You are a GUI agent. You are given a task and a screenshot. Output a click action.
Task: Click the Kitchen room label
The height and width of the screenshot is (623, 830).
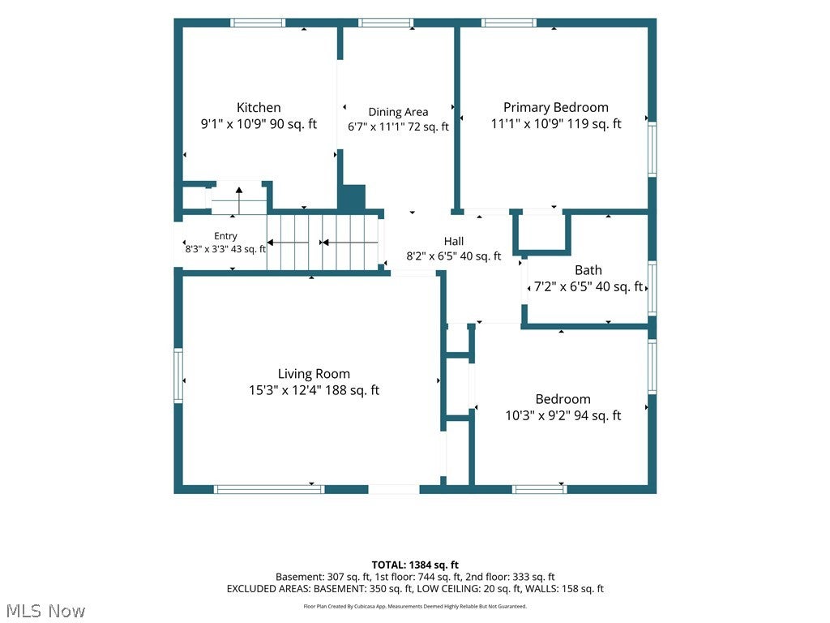tap(259, 108)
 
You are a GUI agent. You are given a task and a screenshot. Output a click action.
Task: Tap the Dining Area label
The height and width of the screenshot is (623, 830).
tap(398, 112)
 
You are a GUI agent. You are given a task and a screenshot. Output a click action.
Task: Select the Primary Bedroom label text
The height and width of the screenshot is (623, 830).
tap(556, 108)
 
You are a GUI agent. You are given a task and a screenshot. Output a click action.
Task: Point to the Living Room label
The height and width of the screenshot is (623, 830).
tap(314, 374)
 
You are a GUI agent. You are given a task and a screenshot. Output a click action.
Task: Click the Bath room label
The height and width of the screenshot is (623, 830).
tap(588, 270)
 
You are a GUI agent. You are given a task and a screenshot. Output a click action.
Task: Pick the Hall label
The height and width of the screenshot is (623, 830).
tap(454, 242)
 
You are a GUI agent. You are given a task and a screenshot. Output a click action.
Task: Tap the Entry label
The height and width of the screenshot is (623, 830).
tap(225, 236)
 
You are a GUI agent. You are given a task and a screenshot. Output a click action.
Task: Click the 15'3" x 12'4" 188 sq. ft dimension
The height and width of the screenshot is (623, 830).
tap(314, 390)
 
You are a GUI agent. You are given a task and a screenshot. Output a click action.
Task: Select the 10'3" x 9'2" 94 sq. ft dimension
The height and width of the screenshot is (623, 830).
tap(563, 415)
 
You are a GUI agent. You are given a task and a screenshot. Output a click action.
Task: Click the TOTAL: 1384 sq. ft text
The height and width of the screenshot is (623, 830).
tap(415, 565)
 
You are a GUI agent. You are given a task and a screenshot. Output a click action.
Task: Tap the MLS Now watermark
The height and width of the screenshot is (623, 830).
tap(45, 611)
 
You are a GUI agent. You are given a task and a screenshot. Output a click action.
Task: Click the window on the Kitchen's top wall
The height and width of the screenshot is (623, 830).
tap(258, 23)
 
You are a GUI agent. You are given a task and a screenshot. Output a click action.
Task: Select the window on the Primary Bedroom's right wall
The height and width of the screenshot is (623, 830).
tap(652, 149)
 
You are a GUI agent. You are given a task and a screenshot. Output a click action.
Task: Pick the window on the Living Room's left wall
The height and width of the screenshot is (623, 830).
tap(178, 375)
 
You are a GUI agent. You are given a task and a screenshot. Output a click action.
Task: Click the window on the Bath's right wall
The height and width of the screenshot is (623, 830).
tap(652, 288)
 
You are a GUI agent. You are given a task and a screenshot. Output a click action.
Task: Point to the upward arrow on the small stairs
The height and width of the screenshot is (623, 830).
tap(239, 200)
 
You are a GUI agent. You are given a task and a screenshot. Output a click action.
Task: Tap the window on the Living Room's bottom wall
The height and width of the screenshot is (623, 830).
tap(269, 489)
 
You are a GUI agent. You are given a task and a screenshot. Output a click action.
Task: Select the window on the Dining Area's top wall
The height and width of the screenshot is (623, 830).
tap(385, 23)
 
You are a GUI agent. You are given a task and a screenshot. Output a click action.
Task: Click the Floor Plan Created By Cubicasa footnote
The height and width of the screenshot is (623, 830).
tap(415, 606)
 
